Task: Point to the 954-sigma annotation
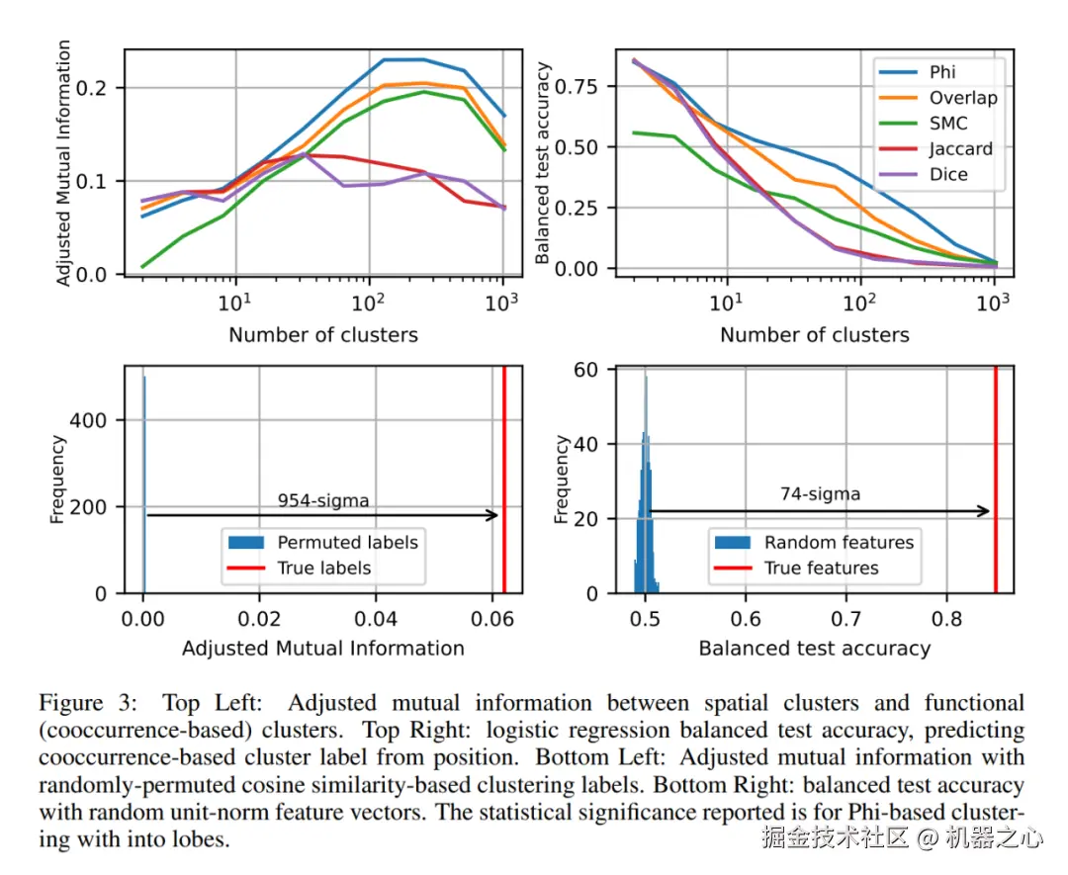[x=322, y=500]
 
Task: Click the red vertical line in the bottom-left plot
[x=504, y=480]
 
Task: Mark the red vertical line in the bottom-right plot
[x=995, y=480]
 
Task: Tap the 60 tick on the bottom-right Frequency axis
[x=587, y=370]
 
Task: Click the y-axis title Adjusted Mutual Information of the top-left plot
[x=64, y=163]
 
